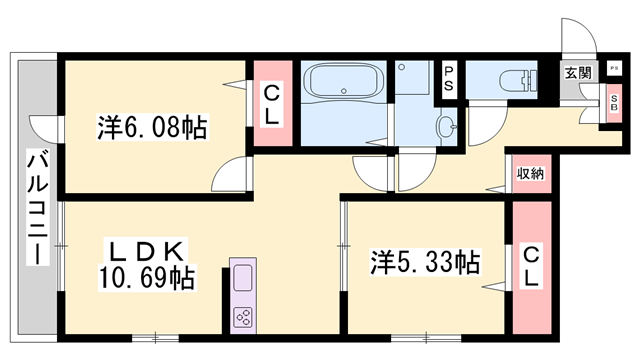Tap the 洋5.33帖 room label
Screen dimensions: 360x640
[x=425, y=263]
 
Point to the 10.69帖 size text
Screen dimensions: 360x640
[x=146, y=275]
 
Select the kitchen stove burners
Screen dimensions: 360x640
[x=243, y=318]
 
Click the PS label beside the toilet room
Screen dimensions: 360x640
[x=449, y=77]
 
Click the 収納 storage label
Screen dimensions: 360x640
[x=530, y=174]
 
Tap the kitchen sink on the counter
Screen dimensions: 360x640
[x=243, y=279]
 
